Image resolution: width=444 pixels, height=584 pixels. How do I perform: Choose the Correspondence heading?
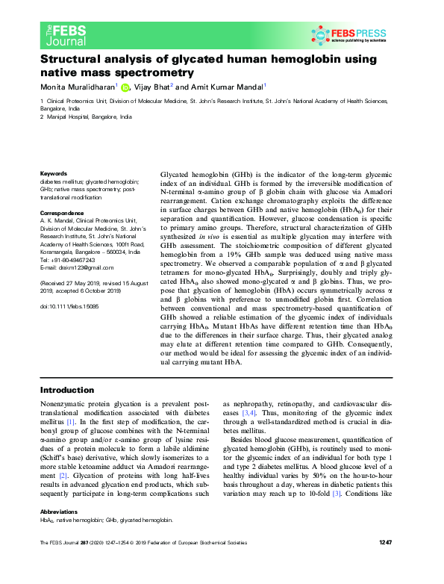[x=61, y=214]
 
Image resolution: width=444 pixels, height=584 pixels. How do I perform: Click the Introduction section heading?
[x=66, y=391]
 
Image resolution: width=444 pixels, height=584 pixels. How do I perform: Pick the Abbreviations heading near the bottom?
[x=59, y=533]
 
